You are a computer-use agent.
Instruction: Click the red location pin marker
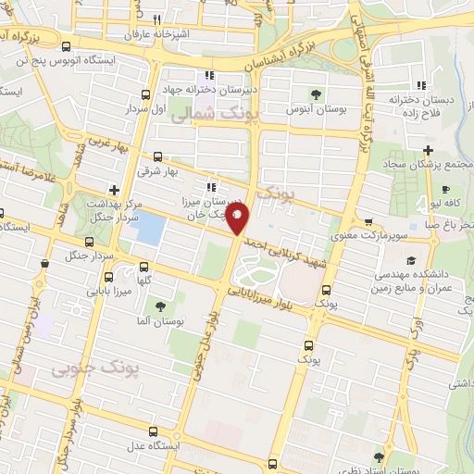coord(238,219)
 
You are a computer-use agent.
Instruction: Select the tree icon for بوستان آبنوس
coord(317,94)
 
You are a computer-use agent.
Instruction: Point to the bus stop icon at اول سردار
coord(145,94)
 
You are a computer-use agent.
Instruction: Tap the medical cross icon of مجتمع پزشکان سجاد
coord(427,151)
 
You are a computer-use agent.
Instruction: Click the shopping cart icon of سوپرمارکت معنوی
coord(368,222)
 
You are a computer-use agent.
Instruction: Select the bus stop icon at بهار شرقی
coord(158,157)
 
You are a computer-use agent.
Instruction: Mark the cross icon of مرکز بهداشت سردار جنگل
coord(115,190)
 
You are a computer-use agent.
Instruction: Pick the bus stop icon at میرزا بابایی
coord(108,277)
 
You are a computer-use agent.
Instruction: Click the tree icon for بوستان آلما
coord(161,306)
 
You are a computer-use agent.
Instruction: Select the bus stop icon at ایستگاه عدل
coord(154,430)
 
